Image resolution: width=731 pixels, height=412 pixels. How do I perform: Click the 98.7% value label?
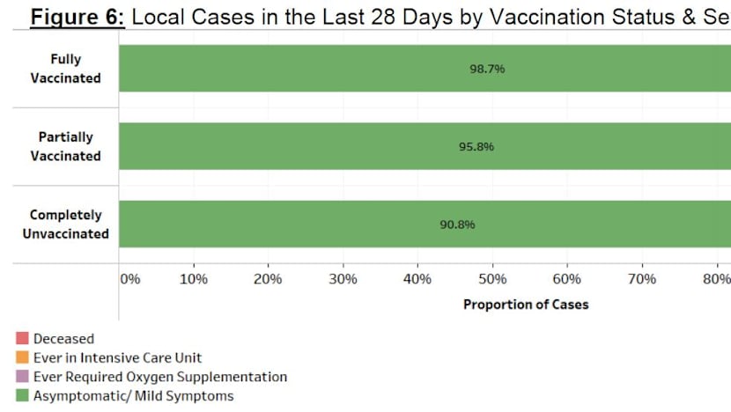[x=487, y=69]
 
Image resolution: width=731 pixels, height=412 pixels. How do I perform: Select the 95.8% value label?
[x=476, y=146]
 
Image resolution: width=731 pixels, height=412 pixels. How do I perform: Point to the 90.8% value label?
[x=457, y=224]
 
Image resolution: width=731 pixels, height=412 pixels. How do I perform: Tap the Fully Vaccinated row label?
[x=65, y=69]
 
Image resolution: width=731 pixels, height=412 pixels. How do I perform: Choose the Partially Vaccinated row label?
[x=65, y=146]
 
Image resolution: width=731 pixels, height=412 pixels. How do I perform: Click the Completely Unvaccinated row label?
[x=65, y=224]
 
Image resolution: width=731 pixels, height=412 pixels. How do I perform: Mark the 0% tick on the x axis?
[x=129, y=279]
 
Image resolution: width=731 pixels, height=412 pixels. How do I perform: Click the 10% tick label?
[x=193, y=279]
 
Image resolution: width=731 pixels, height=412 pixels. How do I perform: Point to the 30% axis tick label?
[x=343, y=279]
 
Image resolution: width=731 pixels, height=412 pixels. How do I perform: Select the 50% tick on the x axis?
[x=492, y=279]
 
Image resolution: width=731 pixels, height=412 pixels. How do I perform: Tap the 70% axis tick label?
[x=642, y=279]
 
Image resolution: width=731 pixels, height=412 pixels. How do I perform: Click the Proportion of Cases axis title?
[x=526, y=305]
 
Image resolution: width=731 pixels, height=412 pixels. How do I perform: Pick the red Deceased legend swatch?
[x=22, y=338]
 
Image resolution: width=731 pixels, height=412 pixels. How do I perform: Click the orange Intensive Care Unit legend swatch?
[x=22, y=357]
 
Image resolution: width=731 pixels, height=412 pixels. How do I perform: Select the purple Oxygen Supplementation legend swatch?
[x=22, y=377]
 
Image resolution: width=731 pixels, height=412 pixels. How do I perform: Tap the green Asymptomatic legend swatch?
[x=22, y=396]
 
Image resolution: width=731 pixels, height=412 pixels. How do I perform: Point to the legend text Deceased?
[x=63, y=338]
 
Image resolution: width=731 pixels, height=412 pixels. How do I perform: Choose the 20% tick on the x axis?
[x=268, y=279]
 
